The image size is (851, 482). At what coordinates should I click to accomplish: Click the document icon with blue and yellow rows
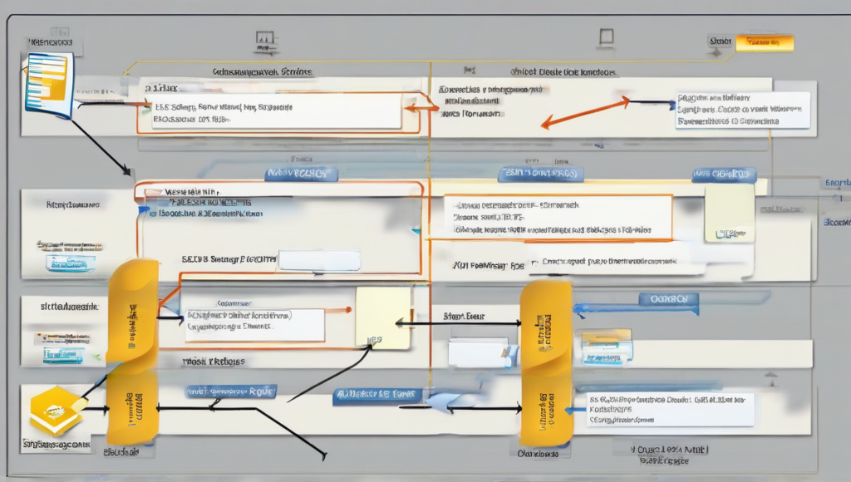click(x=49, y=84)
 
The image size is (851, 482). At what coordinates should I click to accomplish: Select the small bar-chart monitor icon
click(x=265, y=38)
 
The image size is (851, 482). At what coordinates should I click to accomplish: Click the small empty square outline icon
click(x=606, y=37)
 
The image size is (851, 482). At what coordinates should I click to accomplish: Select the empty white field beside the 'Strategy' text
click(x=320, y=260)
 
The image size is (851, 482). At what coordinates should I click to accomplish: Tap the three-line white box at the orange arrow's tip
click(x=743, y=110)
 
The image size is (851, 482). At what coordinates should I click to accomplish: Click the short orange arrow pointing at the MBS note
click(x=338, y=310)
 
